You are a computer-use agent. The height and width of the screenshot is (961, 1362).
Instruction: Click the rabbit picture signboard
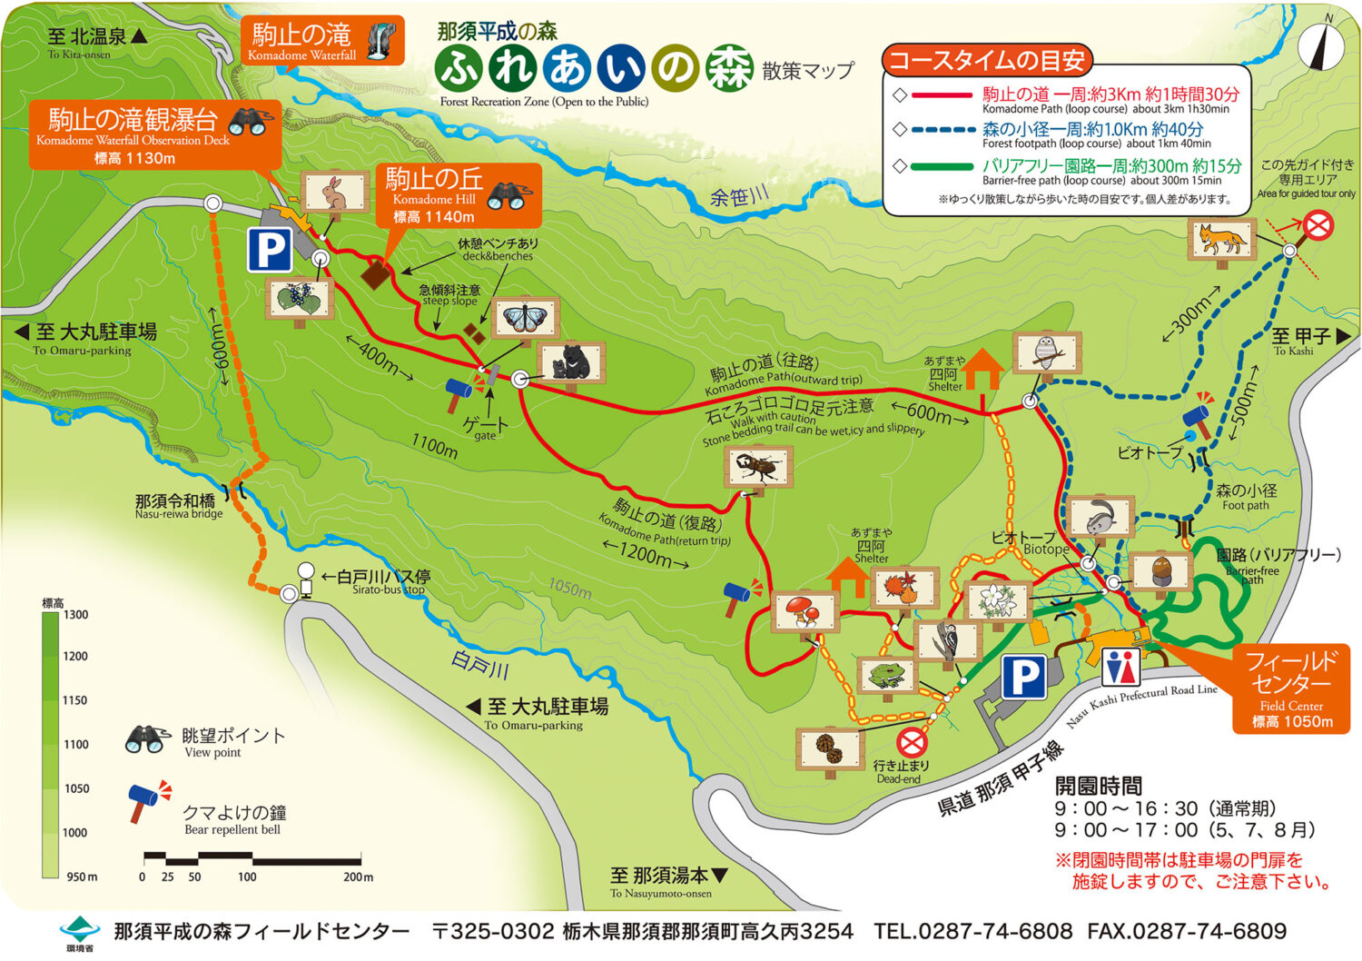coord(335,192)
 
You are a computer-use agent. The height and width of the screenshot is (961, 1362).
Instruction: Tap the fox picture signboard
coord(1221,240)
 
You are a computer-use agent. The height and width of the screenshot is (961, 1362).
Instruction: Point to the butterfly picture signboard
coord(525,319)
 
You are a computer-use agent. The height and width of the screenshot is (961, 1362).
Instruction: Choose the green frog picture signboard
coord(885,675)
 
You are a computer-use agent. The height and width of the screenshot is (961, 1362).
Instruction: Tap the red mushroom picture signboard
coord(803,610)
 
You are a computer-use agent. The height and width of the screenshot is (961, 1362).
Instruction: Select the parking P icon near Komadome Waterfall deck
coord(270,250)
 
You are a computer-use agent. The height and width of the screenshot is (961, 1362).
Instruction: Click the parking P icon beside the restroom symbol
coord(1025,678)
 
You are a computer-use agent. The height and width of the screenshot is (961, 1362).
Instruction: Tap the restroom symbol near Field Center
coord(1120,668)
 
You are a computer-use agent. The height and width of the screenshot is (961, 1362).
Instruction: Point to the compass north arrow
coord(1320,45)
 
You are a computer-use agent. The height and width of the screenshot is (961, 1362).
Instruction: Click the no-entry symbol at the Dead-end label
coord(912,743)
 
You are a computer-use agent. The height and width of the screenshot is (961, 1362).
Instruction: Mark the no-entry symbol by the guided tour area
coord(1318,224)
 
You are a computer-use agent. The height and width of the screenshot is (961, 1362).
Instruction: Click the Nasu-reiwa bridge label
coord(177,506)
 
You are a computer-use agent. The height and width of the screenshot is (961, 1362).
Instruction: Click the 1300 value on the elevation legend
coord(76,615)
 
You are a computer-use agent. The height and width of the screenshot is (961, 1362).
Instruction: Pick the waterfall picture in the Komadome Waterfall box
coord(382,41)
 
